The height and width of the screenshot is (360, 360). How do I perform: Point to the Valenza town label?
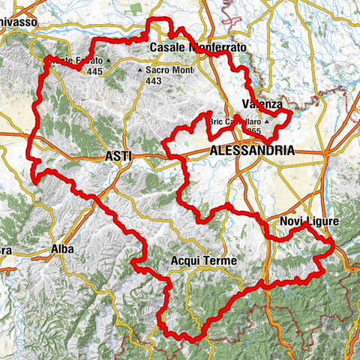coord(262,104)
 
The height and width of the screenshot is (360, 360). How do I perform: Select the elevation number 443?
coord(154,81)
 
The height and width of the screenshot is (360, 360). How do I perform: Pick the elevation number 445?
coord(94,71)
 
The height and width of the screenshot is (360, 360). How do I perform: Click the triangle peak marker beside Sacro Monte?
coord(139,71)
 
